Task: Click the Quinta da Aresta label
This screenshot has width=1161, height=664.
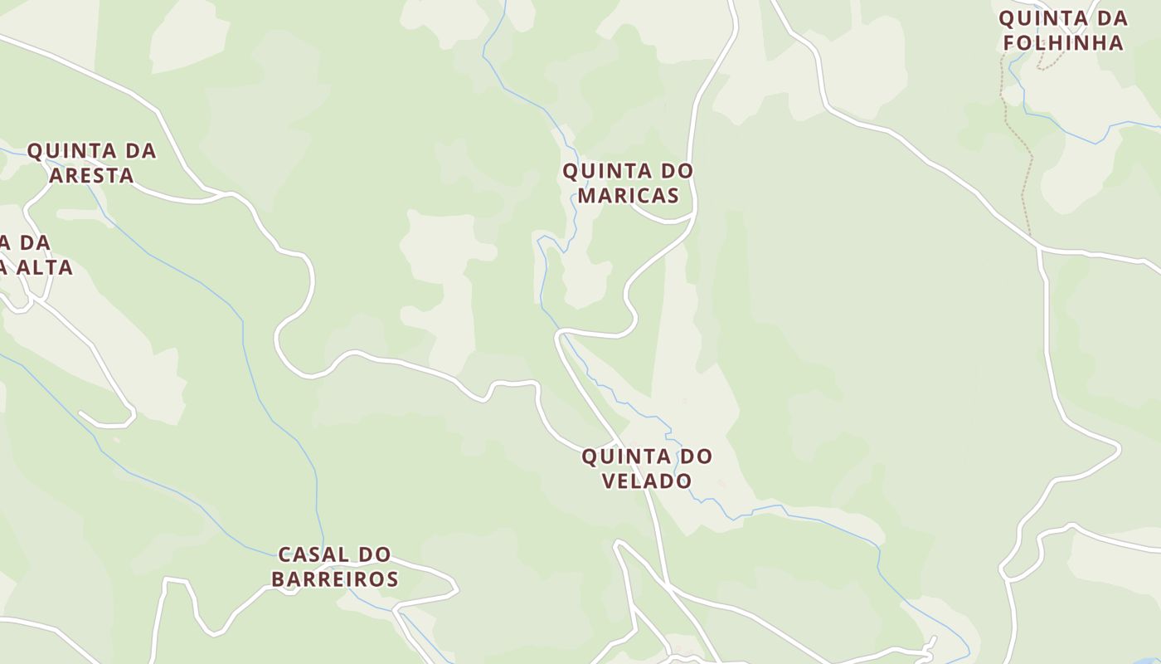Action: [91, 163]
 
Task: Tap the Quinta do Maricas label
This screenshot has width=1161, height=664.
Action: [628, 183]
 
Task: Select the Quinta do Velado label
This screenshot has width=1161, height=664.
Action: [646, 468]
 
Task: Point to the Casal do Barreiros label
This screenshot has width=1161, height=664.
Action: [334, 566]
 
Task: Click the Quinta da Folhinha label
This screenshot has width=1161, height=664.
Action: [1062, 30]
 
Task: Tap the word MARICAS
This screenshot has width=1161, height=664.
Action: [628, 195]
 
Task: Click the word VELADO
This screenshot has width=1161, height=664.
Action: [646, 481]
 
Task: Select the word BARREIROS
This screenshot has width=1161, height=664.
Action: [334, 579]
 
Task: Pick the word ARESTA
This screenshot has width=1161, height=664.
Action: [91, 175]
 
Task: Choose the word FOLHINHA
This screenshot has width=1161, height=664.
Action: [1062, 42]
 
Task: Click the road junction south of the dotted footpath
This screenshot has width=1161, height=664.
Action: [1039, 247]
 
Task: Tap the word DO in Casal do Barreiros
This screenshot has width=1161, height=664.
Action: [374, 554]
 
